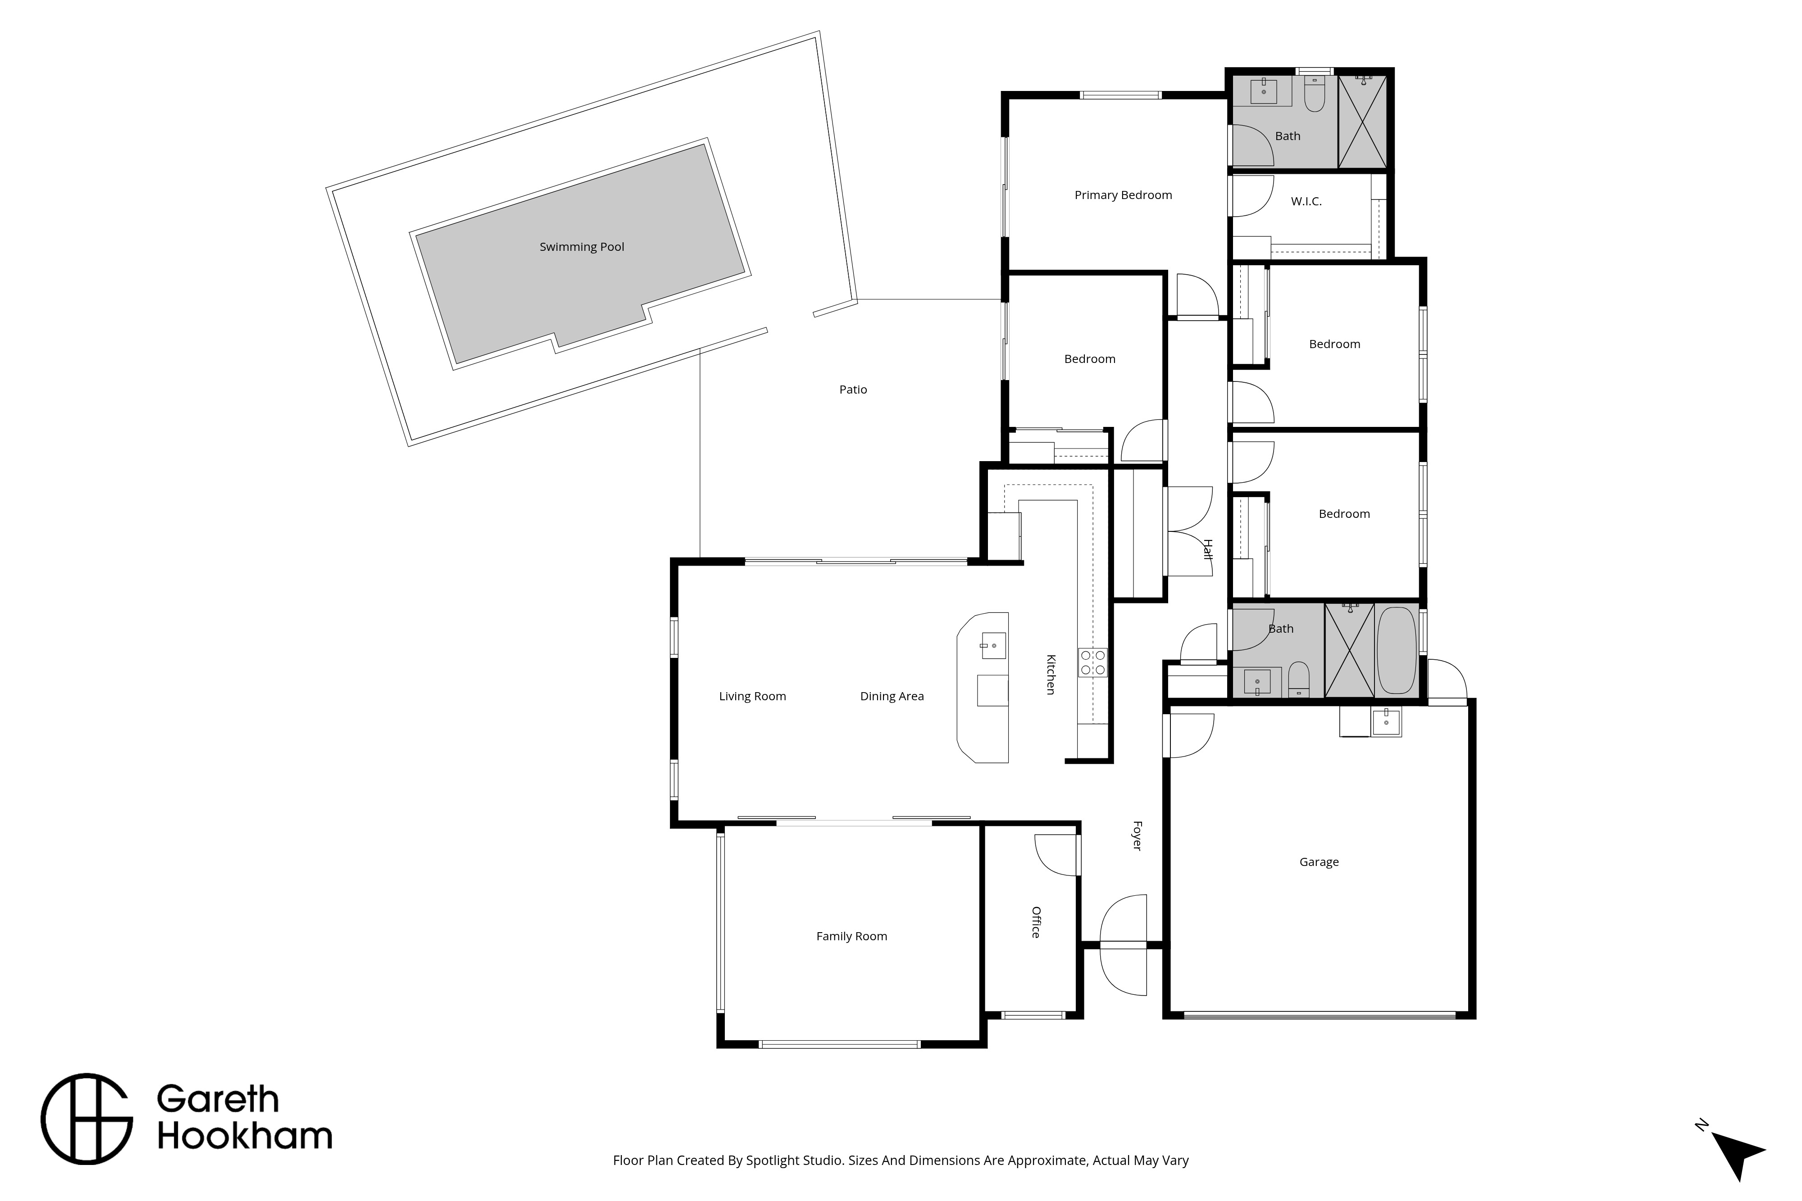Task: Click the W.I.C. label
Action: [1306, 201]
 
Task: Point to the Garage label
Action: [1319, 862]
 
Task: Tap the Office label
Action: [1036, 922]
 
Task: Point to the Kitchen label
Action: [1051, 674]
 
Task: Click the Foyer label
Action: [1137, 836]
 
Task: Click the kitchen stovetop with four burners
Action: [1092, 662]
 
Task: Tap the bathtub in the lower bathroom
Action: [1397, 651]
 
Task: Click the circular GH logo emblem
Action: [86, 1119]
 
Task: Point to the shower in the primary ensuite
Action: [1362, 121]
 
